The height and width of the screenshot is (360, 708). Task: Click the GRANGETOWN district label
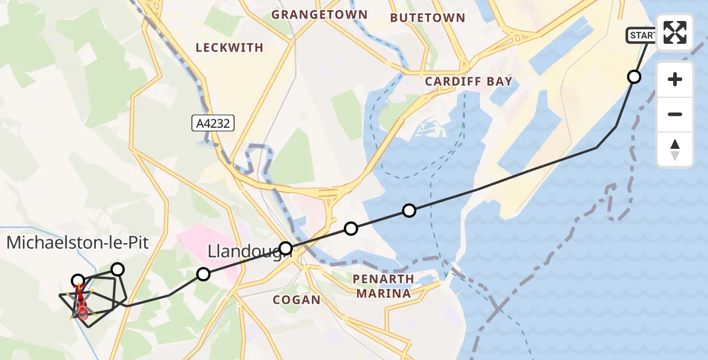[319, 14]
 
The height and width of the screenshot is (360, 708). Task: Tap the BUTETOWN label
[427, 18]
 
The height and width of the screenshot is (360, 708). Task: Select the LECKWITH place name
[230, 47]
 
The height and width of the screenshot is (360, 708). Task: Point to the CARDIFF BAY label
[469, 82]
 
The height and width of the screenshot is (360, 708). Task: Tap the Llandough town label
[249, 250]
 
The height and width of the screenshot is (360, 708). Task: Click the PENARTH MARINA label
[383, 286]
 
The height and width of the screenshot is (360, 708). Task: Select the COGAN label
[296, 299]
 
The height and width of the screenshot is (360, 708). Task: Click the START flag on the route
[641, 35]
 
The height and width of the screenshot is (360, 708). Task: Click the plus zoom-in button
[675, 79]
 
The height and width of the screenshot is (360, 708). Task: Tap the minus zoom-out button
[675, 114]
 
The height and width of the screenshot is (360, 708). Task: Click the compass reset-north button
[675, 149]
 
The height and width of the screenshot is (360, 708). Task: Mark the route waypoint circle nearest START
[634, 76]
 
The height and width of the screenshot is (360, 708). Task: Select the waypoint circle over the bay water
[409, 210]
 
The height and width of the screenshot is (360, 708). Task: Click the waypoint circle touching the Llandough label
[286, 248]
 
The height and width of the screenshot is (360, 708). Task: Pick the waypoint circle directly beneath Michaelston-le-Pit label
[78, 280]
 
